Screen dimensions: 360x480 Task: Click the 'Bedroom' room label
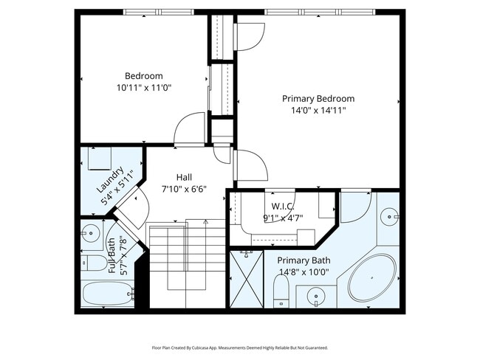click(143, 76)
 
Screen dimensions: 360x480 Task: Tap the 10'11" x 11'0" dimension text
click(143, 87)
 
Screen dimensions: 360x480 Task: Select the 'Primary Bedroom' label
click(318, 98)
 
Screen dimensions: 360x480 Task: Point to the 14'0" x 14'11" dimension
click(318, 110)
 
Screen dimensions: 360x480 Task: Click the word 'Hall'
click(184, 177)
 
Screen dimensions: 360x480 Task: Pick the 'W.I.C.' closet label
click(283, 206)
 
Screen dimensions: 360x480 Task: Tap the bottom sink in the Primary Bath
click(317, 298)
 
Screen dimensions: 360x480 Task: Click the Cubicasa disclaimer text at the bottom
click(240, 347)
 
